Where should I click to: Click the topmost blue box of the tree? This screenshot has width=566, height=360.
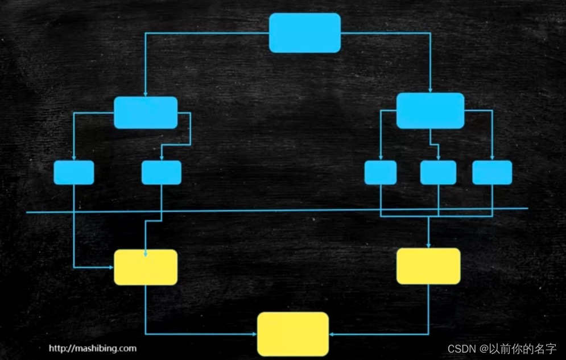click(x=305, y=33)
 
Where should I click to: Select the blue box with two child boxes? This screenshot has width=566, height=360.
click(x=146, y=113)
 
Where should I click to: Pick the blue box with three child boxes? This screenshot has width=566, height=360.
click(x=430, y=110)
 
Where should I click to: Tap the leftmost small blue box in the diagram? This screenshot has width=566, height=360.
click(x=74, y=172)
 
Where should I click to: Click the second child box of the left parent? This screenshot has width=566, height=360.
click(x=162, y=172)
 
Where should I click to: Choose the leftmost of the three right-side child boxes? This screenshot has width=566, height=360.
click(x=381, y=172)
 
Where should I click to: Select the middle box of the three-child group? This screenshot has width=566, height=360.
click(x=438, y=172)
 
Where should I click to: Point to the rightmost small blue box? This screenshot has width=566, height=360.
click(x=492, y=172)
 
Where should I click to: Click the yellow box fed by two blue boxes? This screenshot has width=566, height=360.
click(x=146, y=267)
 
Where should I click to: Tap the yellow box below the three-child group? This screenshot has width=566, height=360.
click(x=428, y=266)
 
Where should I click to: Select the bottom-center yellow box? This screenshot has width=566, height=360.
click(x=293, y=334)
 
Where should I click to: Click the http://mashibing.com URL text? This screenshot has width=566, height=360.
click(x=92, y=348)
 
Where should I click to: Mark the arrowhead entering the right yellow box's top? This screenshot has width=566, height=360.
click(x=428, y=245)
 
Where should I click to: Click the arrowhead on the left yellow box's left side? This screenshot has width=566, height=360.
click(x=111, y=267)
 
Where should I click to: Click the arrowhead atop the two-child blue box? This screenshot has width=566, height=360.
click(x=146, y=94)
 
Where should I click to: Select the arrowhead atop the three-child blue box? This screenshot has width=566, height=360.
click(x=431, y=90)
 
